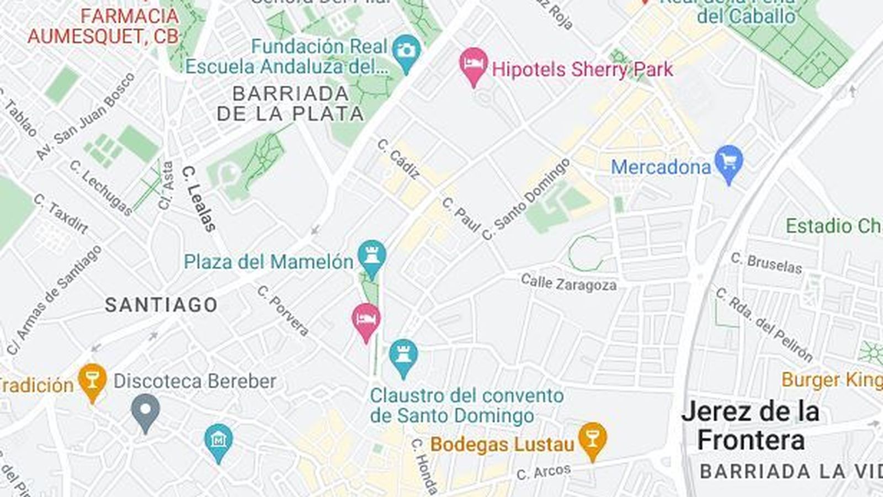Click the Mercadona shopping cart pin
click(728, 162)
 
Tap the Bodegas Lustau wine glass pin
click(592, 440)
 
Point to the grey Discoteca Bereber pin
click(145, 411)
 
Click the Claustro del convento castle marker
click(403, 356)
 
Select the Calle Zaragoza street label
click(568, 283)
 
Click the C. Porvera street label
click(283, 311)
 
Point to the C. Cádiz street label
click(398, 159)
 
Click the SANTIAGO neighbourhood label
click(161, 305)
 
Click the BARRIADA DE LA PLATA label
click(290, 103)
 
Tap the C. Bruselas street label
click(766, 263)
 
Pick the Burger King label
click(831, 380)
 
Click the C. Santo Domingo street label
click(525, 200)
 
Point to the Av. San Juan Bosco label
click(86, 116)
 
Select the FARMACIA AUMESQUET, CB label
click(104, 26)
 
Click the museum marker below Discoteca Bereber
click(219, 441)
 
